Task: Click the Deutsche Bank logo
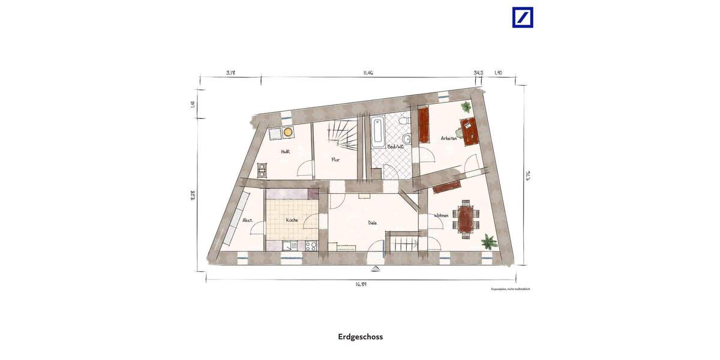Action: tap(522, 17)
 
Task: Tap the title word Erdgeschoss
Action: tap(360, 337)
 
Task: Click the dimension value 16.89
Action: tap(360, 284)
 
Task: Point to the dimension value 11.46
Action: tap(368, 73)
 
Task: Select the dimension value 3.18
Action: tap(230, 73)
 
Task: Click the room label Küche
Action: tap(292, 220)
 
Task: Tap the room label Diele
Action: tap(373, 223)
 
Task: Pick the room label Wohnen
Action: tap(442, 199)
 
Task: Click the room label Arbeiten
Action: tap(449, 138)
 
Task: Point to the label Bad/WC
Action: tap(395, 146)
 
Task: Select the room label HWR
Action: tap(285, 152)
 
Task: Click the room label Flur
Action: tap(337, 160)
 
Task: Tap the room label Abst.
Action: tap(247, 220)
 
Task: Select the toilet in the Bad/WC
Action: tap(406, 123)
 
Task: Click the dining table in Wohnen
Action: tap(466, 218)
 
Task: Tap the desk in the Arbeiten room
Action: tap(468, 130)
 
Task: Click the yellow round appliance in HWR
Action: tap(288, 131)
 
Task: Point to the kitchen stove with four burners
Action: tap(311, 245)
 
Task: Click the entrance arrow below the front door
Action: tap(376, 268)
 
